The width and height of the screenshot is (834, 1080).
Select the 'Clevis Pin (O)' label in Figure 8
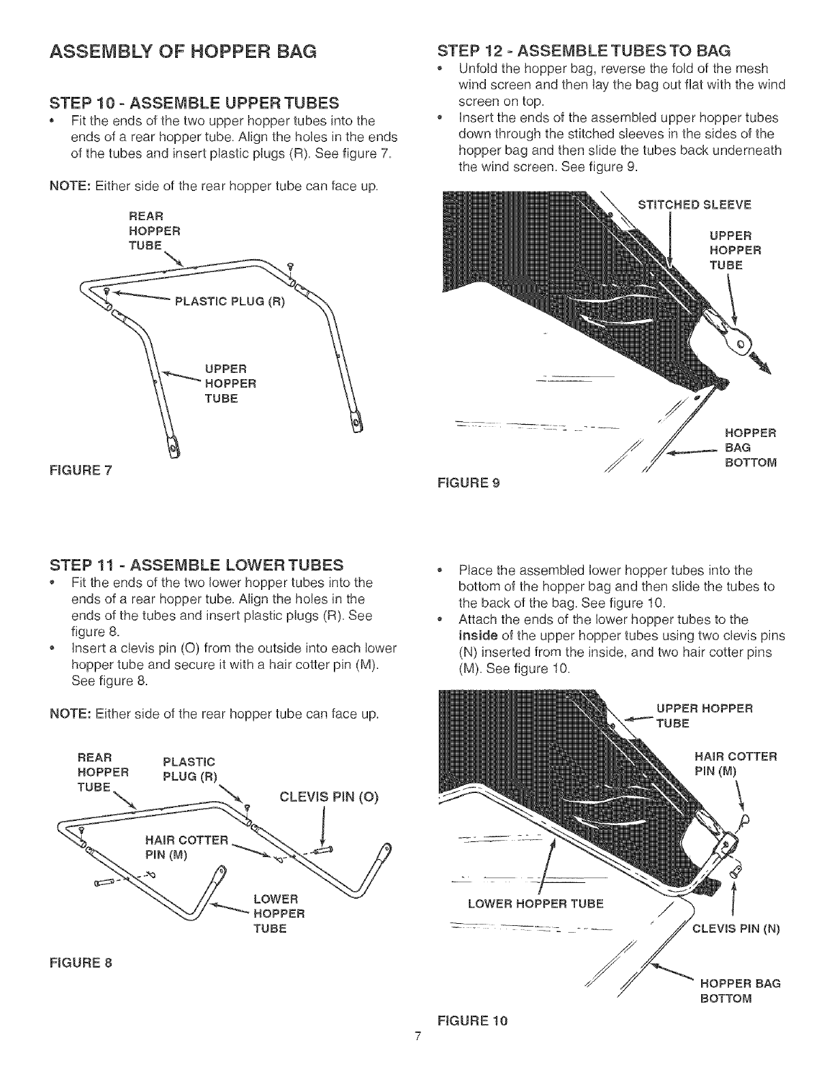pyautogui.click(x=328, y=797)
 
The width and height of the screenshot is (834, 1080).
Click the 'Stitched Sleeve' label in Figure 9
pyautogui.click(x=693, y=204)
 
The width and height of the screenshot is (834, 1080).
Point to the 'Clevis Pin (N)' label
pyautogui.click(x=735, y=928)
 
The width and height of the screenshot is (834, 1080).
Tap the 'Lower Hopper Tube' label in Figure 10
pyautogui.click(x=535, y=904)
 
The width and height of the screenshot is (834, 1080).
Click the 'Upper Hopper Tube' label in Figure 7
pyautogui.click(x=229, y=383)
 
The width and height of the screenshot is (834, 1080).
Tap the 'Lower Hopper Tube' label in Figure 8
pyautogui.click(x=277, y=913)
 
